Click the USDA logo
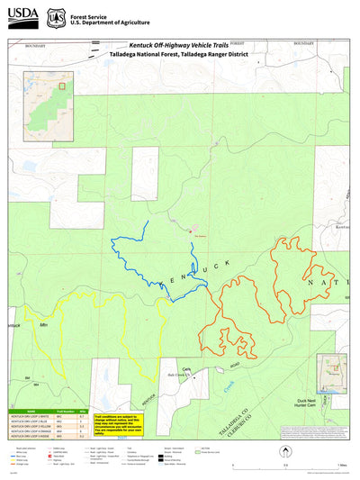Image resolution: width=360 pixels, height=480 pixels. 19,16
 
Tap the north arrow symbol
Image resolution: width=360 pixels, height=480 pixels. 286,430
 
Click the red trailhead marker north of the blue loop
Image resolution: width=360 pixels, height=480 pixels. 190,232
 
